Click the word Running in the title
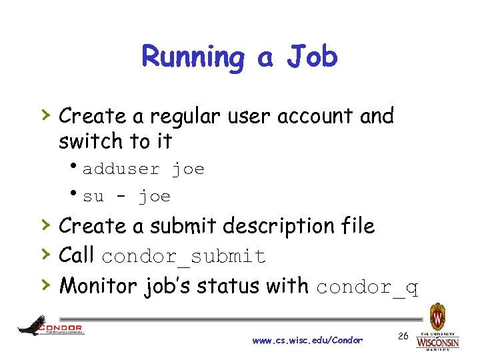pos(193,57)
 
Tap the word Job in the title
pos(312,57)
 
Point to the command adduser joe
pos(143,169)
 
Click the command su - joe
pos(127,197)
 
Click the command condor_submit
pos(184,257)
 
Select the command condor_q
pos(367,287)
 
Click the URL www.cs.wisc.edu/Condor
pos(307,341)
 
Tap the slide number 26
pos(403,336)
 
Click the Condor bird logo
pos(33,326)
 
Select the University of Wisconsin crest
pos(437,317)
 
